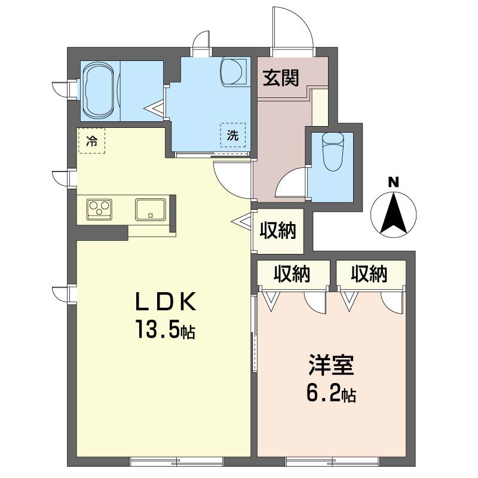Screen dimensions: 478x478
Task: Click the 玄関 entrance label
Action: [x=280, y=78]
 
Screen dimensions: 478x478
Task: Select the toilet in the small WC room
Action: [x=333, y=152]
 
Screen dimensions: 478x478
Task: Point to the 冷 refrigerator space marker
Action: [x=92, y=141]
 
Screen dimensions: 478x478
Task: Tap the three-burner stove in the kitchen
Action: [x=99, y=209]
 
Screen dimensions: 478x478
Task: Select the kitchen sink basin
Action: [x=151, y=210]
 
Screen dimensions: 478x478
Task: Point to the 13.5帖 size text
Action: [x=165, y=330]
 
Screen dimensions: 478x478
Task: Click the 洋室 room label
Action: [x=331, y=364]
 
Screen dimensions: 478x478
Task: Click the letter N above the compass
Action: [x=393, y=183]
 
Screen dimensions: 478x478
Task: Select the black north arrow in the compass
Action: [x=393, y=213]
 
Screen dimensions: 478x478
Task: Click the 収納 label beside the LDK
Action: [x=277, y=231]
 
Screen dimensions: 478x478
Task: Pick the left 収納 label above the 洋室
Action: [x=292, y=274]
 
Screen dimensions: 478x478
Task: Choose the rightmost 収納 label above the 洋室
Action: [x=369, y=274]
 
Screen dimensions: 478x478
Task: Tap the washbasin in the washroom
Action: [x=234, y=72]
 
